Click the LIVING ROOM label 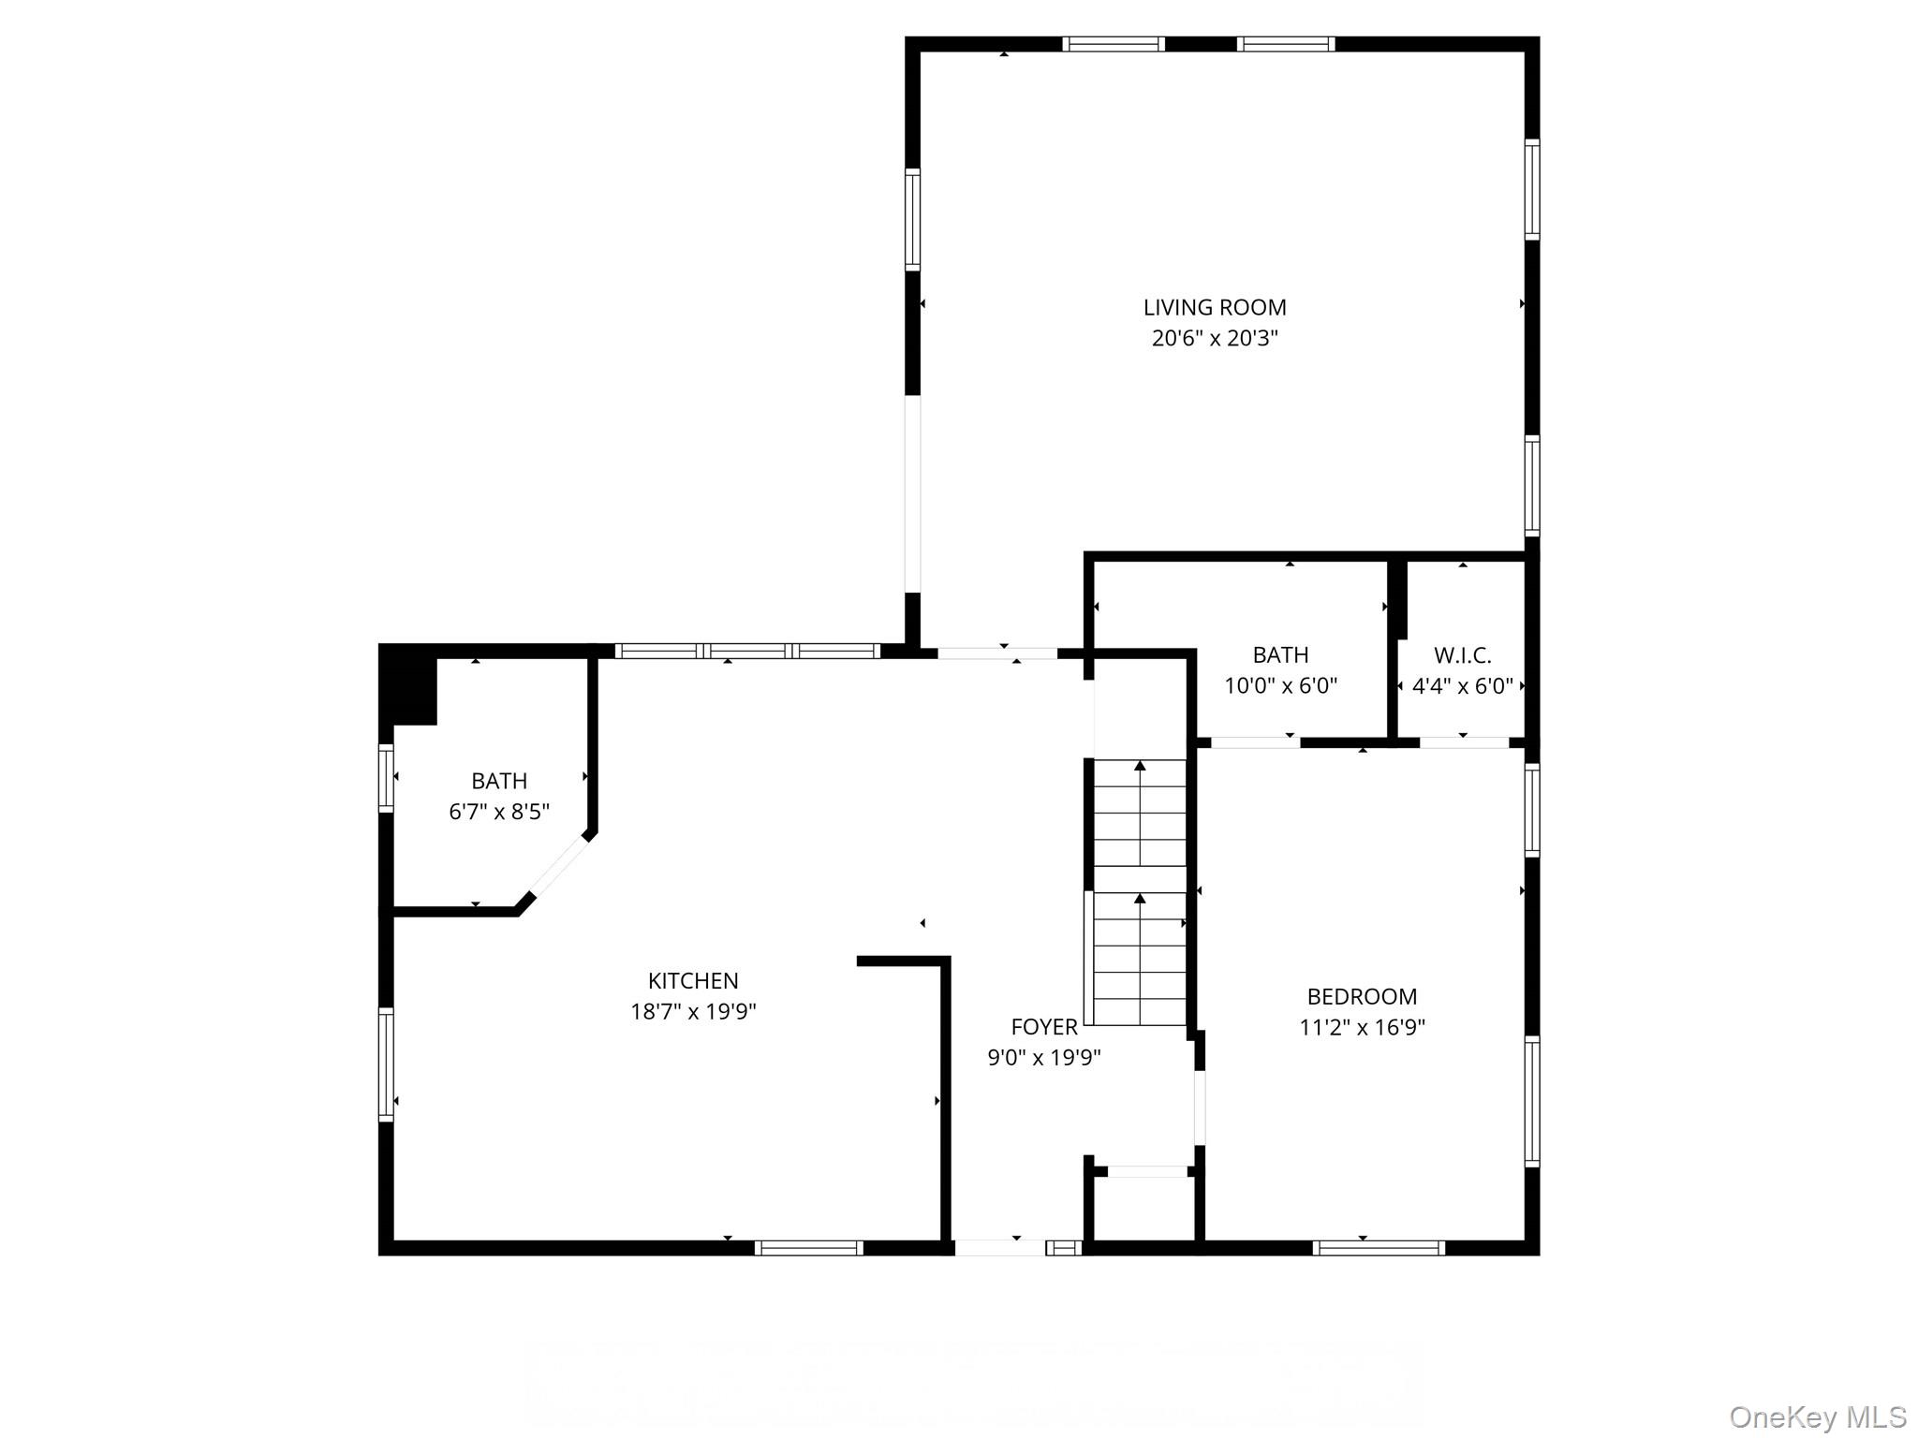coord(1215,307)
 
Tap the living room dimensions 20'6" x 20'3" coord(1215,338)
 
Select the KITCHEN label coord(693,980)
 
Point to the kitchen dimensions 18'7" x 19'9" coord(693,1011)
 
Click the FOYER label coord(1044,1027)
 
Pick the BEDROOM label coord(1362,996)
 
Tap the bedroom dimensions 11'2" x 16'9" coord(1362,1027)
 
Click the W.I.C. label coord(1462,655)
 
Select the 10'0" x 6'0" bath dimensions coord(1280,685)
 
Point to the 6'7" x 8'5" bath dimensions coord(498,811)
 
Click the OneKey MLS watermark coord(1818,1416)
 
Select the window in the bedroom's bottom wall coord(1378,1247)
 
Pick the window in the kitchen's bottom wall coord(808,1247)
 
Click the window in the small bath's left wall coord(386,777)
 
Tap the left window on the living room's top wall coord(1114,44)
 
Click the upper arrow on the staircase coord(1140,813)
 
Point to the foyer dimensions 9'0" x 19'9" coord(1044,1058)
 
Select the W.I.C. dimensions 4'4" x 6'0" coord(1462,686)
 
